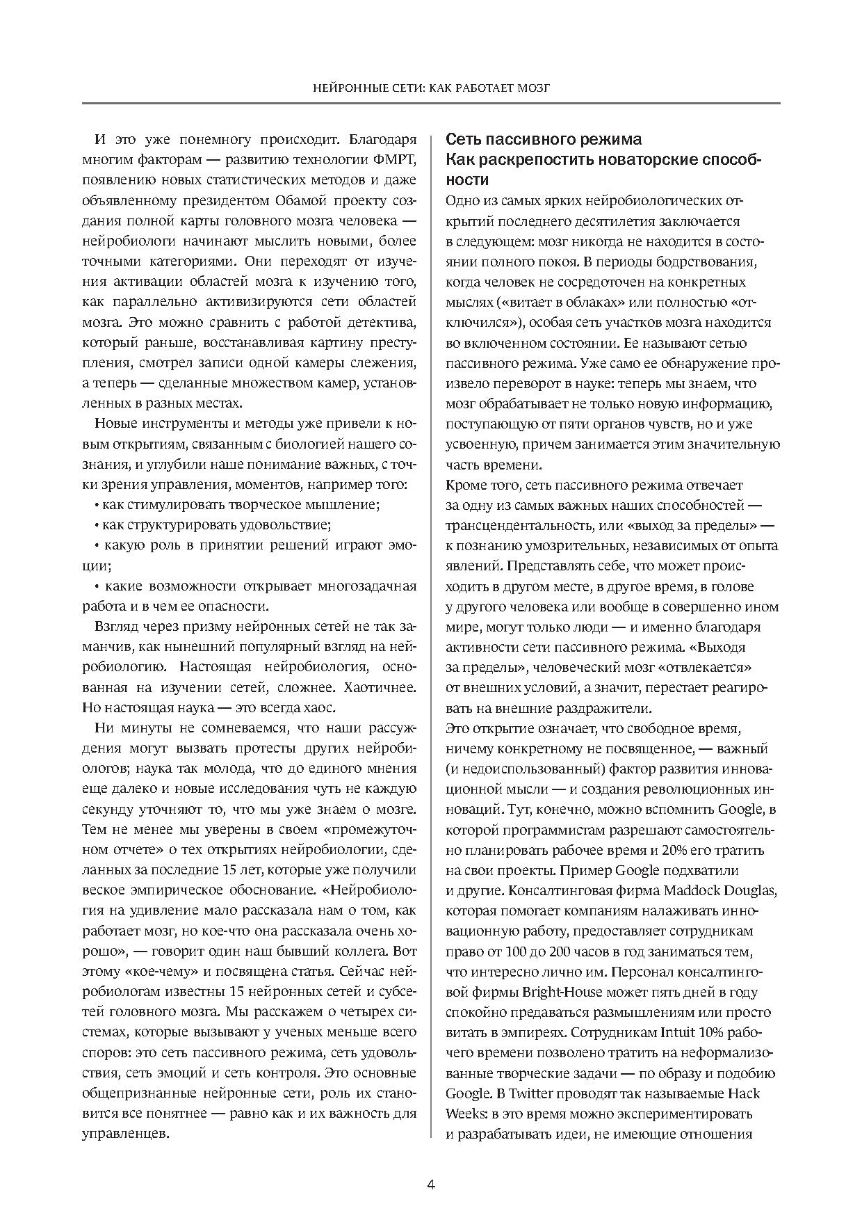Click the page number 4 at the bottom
point(430,1185)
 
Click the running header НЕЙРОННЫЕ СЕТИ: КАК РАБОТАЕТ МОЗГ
point(431,88)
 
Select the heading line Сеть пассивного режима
point(543,139)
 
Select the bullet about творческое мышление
point(236,504)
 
